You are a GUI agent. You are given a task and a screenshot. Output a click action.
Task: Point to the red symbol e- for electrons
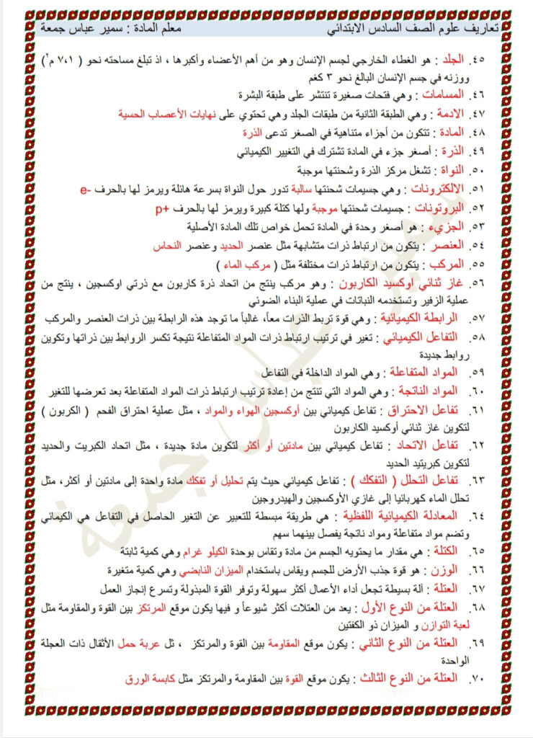(x=85, y=190)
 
